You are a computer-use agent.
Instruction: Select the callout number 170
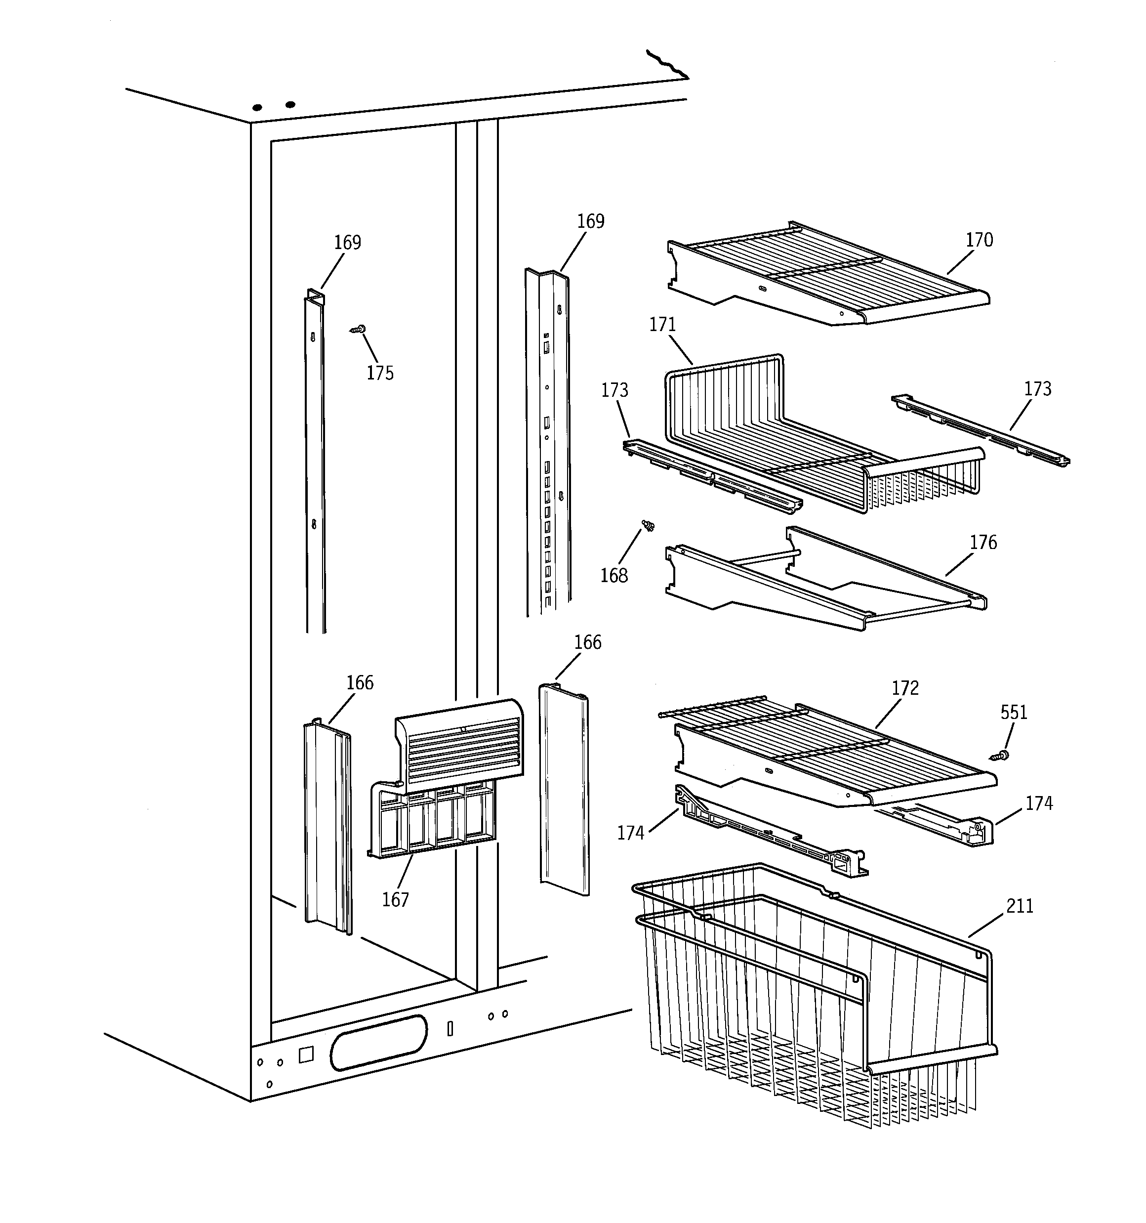(x=979, y=240)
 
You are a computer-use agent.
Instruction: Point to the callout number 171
(x=662, y=325)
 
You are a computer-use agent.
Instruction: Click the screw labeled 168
(x=648, y=525)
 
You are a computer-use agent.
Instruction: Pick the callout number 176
(x=983, y=543)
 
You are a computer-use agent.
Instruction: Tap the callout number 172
(x=905, y=688)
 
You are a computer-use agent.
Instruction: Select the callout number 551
(x=1014, y=713)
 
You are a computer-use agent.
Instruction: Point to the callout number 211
(x=1019, y=906)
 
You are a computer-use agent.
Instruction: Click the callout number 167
(x=395, y=900)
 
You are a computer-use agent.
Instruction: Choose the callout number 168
(x=614, y=576)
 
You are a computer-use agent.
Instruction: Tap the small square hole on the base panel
(x=306, y=1054)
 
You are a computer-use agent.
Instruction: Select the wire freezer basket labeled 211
(x=812, y=997)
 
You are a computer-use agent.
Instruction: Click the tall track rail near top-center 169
(x=547, y=443)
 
